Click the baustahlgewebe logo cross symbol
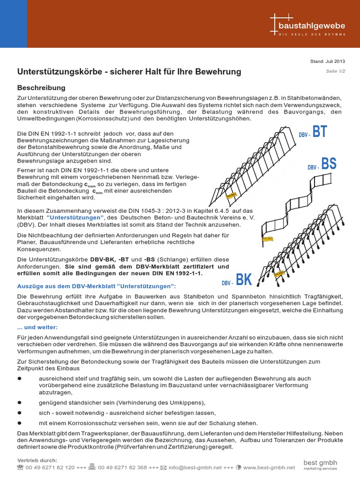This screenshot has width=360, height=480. pyautogui.click(x=275, y=23)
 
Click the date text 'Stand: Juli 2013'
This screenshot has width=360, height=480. pyautogui.click(x=328, y=61)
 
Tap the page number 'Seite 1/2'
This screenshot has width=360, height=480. pyautogui.click(x=335, y=71)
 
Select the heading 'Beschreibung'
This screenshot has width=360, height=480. pyautogui.click(x=41, y=88)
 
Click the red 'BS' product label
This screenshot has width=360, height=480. pyautogui.click(x=329, y=164)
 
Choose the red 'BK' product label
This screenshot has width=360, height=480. pyautogui.click(x=244, y=280)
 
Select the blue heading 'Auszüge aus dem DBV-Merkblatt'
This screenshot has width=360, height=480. pyautogui.click(x=97, y=286)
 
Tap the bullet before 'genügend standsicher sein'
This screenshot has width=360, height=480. pyautogui.click(x=20, y=403)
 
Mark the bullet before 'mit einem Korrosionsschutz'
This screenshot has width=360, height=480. pyautogui.click(x=20, y=422)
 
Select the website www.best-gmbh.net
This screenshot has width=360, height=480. pyautogui.click(x=269, y=467)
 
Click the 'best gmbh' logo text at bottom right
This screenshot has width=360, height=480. pyautogui.click(x=320, y=463)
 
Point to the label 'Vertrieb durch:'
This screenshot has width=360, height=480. pyautogui.click(x=37, y=460)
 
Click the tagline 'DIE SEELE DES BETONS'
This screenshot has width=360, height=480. pyautogui.click(x=312, y=35)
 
